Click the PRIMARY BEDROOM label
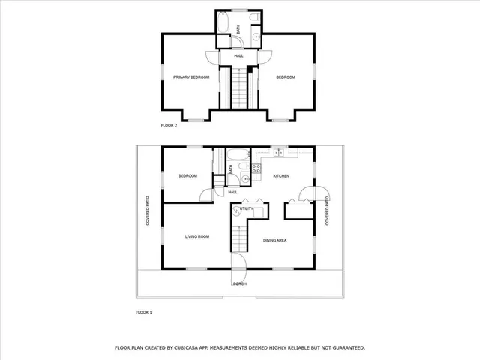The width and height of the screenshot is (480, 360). pyautogui.click(x=191, y=77)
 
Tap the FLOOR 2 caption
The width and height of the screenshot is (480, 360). pyautogui.click(x=169, y=125)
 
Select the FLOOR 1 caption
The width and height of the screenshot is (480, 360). pyautogui.click(x=144, y=311)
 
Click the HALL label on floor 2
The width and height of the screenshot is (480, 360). pyautogui.click(x=238, y=56)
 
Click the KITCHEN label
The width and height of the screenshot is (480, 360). pyautogui.click(x=281, y=176)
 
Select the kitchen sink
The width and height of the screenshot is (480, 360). pyautogui.click(x=278, y=153)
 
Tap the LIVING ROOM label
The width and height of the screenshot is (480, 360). pyautogui.click(x=197, y=236)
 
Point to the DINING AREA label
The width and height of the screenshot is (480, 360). pyautogui.click(x=276, y=240)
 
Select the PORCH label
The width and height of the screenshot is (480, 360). pyautogui.click(x=240, y=284)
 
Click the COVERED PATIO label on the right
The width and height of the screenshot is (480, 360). pyautogui.click(x=328, y=211)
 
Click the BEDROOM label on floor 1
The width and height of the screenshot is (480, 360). pyautogui.click(x=187, y=176)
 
